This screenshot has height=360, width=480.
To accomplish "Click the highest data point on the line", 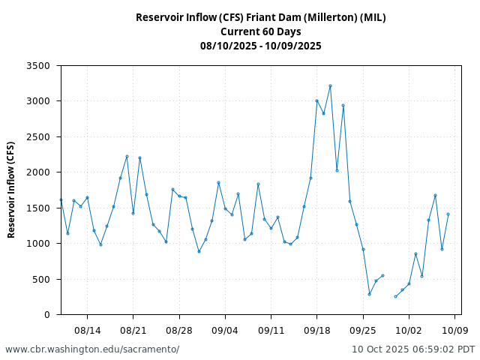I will click(x=330, y=86).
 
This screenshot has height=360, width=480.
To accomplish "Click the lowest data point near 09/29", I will click(x=395, y=296).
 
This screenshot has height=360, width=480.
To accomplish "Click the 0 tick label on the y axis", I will click(x=46, y=315).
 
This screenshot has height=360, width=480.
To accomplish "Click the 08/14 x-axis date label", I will click(x=87, y=330).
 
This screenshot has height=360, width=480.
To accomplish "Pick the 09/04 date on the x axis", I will click(x=225, y=330).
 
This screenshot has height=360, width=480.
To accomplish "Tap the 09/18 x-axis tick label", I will click(x=316, y=330).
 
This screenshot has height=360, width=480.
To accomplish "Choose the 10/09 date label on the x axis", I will click(x=454, y=330).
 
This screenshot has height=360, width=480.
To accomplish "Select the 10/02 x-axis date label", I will click(x=409, y=330).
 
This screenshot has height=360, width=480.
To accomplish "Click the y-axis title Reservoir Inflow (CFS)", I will click(x=11, y=190).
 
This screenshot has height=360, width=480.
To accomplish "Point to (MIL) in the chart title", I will click(x=373, y=17).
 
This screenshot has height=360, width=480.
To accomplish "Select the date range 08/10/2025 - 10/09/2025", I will click(x=260, y=46).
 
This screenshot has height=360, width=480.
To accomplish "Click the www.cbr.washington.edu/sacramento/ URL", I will click(x=92, y=349).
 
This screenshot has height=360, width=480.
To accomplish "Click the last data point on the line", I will click(x=448, y=214).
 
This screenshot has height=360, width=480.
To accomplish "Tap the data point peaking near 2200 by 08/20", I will click(x=127, y=156).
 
